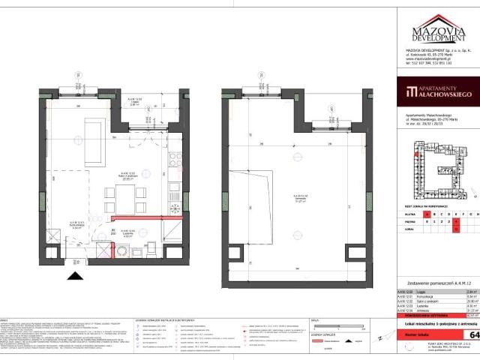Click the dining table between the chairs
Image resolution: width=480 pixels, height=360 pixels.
click(125, 196)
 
